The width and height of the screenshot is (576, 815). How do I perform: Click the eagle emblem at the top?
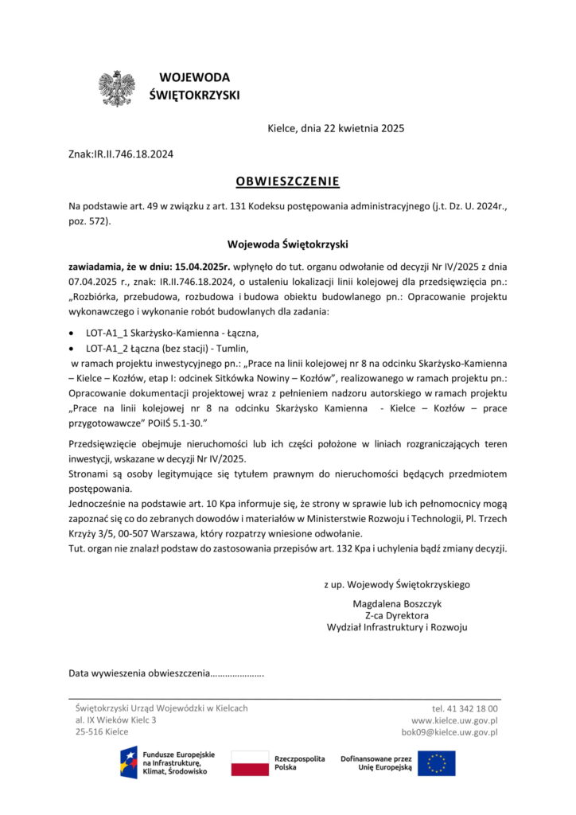point(117,88)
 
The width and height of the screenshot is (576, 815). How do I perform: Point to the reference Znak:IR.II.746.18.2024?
point(121,154)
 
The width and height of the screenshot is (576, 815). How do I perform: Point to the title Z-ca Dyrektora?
point(397,615)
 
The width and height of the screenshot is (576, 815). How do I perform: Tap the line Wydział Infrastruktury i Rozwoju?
point(397,627)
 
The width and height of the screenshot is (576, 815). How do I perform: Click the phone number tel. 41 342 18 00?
point(465,708)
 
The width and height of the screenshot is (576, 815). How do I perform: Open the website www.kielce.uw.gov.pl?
point(454,719)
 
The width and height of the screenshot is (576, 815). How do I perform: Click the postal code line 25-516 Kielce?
point(102,731)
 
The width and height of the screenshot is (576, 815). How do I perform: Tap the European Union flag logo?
point(437,763)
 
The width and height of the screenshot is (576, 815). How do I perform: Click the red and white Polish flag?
point(250,763)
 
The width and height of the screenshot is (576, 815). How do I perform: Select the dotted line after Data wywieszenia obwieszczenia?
point(237,675)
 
